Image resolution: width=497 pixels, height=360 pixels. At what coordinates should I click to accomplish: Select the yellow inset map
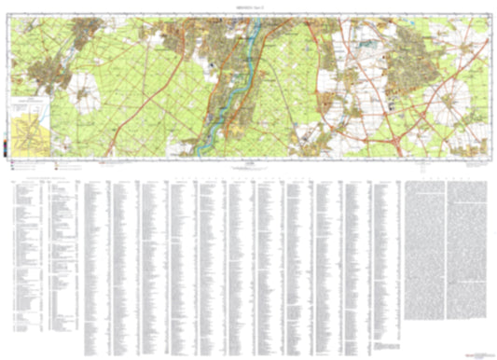[32, 131]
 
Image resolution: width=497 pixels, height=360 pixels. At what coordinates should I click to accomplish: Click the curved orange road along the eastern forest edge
[326, 84]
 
